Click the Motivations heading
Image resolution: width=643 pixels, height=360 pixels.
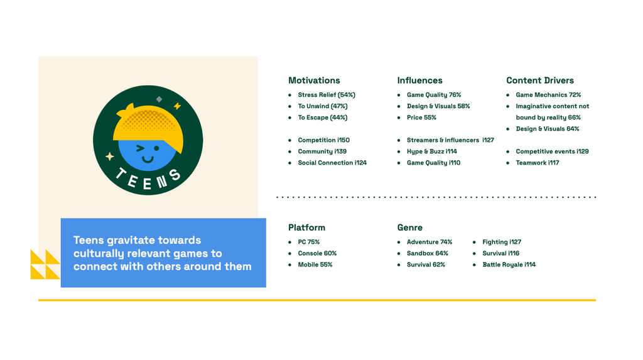tap(314, 80)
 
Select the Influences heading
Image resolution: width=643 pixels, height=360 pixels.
tap(419, 80)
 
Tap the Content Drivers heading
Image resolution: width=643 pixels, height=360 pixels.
tap(539, 80)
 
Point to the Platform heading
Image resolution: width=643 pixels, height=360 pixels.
tap(306, 227)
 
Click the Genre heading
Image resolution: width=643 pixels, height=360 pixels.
tap(409, 227)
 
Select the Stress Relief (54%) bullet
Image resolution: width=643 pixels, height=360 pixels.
tap(327, 95)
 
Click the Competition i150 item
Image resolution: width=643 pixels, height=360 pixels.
tap(323, 140)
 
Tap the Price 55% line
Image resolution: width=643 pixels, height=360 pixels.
tap(421, 117)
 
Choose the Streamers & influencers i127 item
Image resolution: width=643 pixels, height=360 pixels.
tap(450, 140)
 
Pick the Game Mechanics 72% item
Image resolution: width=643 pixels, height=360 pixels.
tap(548, 95)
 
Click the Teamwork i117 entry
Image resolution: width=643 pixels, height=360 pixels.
tap(538, 163)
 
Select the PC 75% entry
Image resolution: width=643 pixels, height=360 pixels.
tap(309, 242)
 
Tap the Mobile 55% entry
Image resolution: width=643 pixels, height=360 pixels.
tap(315, 265)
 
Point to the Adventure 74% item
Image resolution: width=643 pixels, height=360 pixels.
tap(430, 242)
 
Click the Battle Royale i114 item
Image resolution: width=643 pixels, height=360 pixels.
tap(509, 265)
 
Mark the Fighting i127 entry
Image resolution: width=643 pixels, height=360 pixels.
tap(502, 242)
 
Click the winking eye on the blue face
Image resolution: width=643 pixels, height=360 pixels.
tap(140, 148)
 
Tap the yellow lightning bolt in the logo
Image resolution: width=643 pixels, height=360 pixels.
tap(177, 106)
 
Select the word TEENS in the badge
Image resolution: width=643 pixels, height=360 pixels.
tap(148, 180)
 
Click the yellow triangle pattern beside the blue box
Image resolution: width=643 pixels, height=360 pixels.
tap(45, 265)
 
